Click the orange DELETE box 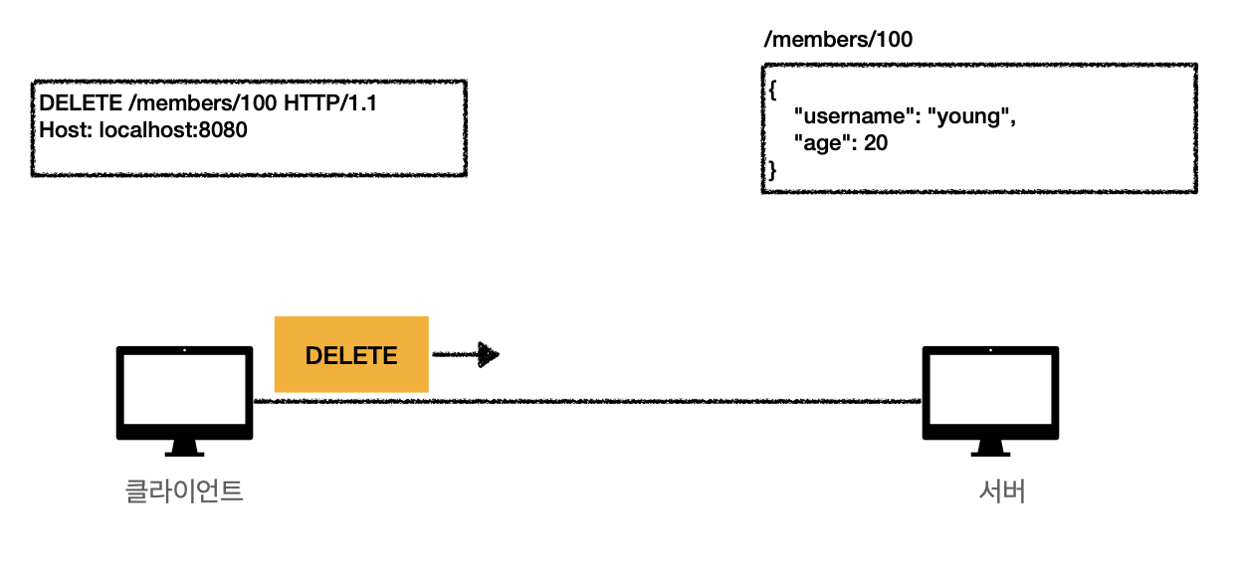350,354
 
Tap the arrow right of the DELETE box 466,354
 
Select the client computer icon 184,398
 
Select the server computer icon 990,398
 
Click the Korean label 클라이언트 184,491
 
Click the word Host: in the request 66,129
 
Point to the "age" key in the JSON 823,143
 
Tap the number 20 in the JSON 876,143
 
